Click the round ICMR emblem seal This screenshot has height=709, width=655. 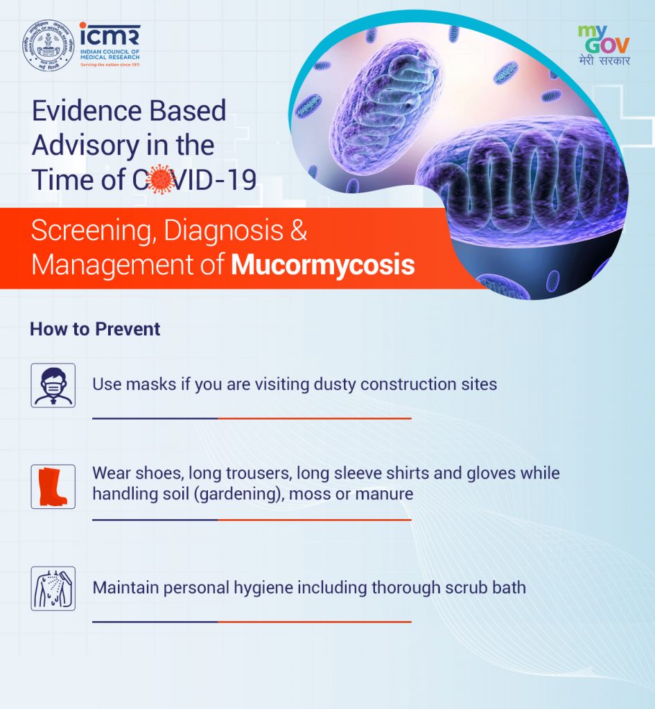[x=49, y=45]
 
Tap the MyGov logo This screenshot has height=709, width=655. [x=604, y=45]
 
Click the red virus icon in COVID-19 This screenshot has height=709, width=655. [x=160, y=179]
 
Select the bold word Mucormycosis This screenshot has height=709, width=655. [x=323, y=264]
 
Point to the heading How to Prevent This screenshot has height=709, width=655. [x=95, y=329]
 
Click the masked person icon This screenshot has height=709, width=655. [x=53, y=385]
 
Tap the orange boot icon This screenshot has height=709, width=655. [x=53, y=487]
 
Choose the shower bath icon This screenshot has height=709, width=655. [x=53, y=589]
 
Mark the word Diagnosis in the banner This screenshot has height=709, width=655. [x=224, y=231]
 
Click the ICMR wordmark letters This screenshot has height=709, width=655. [x=110, y=35]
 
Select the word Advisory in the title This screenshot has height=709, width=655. [x=85, y=145]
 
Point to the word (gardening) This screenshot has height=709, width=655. [x=239, y=493]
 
